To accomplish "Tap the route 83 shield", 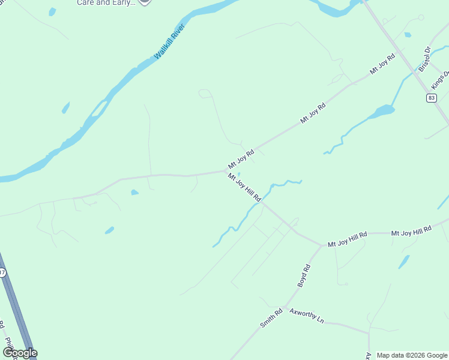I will (x=431, y=98).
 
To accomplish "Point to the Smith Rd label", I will (x=271, y=317).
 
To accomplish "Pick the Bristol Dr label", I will (x=425, y=59).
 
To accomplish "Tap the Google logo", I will (x=20, y=353).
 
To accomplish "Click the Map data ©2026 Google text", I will (x=411, y=355).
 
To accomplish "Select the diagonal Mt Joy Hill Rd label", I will (x=244, y=187).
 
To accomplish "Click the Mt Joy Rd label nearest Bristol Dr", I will (x=382, y=64).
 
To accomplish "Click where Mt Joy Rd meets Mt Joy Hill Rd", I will (x=224, y=171).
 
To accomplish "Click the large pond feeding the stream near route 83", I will (x=382, y=111).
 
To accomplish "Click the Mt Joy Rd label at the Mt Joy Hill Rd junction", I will (x=241, y=159).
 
